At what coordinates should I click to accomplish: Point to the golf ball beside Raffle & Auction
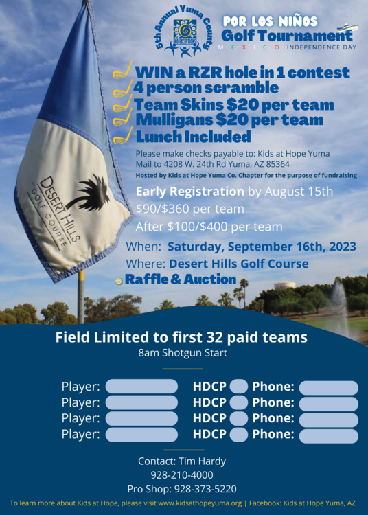pyautogui.click(x=119, y=281)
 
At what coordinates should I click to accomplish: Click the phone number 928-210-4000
pyautogui.click(x=182, y=475)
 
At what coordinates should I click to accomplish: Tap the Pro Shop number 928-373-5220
pyautogui.click(x=205, y=489)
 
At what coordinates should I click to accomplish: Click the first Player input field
pyautogui.click(x=141, y=386)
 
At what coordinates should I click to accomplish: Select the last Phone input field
pyautogui.click(x=329, y=436)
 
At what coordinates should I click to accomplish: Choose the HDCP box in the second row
pyautogui.click(x=239, y=402)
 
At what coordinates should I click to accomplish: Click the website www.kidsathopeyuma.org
pyautogui.click(x=200, y=503)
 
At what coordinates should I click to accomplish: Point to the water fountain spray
pyautogui.click(x=339, y=303)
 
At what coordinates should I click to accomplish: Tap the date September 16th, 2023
pyautogui.click(x=292, y=247)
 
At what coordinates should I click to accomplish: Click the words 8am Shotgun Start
pyautogui.click(x=183, y=353)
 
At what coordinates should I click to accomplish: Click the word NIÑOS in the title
pyautogui.click(x=299, y=21)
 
